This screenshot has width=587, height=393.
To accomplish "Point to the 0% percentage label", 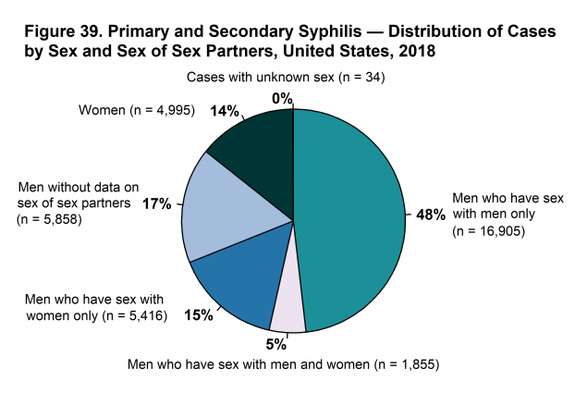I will coord(282,98).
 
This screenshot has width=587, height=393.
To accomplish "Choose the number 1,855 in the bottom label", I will coord(411,362).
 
